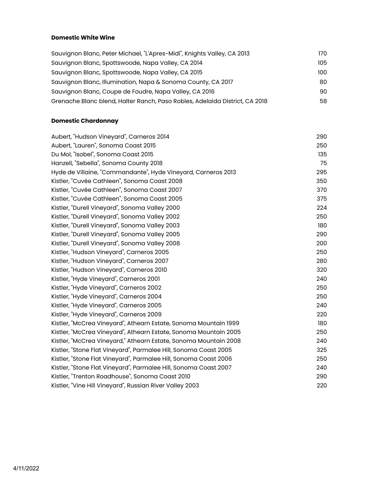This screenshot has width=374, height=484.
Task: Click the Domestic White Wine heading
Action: (83, 38)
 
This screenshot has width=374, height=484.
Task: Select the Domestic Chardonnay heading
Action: (85, 121)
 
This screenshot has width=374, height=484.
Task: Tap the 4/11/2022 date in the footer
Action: (26, 468)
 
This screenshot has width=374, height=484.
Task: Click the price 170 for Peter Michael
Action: (322, 53)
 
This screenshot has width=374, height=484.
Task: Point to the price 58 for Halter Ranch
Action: (323, 101)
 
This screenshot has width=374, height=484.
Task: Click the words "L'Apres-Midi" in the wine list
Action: (163, 53)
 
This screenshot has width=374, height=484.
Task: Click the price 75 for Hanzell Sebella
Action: (323, 163)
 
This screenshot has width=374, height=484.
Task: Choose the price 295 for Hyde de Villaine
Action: (322, 172)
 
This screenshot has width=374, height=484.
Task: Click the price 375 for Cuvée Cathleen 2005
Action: (322, 199)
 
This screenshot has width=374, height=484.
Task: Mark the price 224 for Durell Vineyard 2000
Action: (322, 208)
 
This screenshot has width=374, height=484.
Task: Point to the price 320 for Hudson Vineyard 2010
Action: (322, 270)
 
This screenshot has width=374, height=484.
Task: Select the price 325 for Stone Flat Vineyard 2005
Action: (322, 350)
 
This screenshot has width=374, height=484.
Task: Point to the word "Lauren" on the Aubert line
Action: (85, 145)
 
